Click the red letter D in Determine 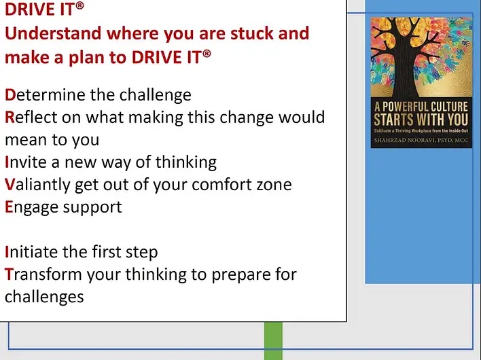click(x=10, y=95)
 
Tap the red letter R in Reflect click(x=10, y=118)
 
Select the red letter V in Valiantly click(x=10, y=185)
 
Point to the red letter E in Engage click(x=9, y=207)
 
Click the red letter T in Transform click(x=9, y=274)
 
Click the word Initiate click(x=32, y=252)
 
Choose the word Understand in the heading click(x=53, y=33)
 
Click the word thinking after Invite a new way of click(x=186, y=163)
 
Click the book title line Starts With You click(x=421, y=120)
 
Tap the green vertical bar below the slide click(x=273, y=341)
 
